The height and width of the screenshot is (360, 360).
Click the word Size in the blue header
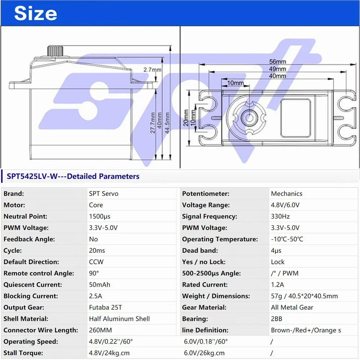tap(36, 13)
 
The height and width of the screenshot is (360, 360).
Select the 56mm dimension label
tap(278, 62)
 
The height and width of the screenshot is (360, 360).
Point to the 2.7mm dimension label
tap(152, 69)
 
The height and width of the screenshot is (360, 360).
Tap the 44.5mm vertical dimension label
tap(167, 123)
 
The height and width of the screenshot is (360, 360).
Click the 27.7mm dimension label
tap(153, 123)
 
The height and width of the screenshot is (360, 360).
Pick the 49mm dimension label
tap(278, 69)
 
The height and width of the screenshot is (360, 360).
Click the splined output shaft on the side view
tap(55, 51)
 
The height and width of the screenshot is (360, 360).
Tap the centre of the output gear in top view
tap(249, 118)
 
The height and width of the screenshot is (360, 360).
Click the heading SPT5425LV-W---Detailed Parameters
tap(73, 176)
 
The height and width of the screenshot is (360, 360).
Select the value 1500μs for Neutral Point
tap(100, 216)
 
